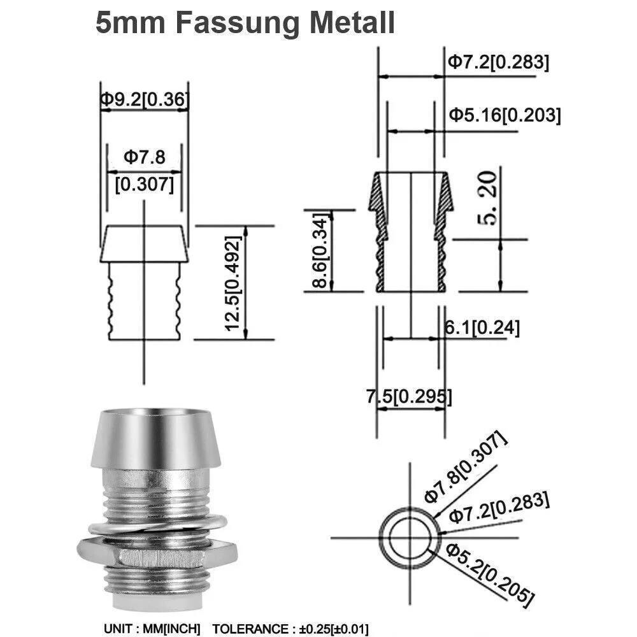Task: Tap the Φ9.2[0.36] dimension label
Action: coord(145,99)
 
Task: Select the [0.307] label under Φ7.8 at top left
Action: coord(145,185)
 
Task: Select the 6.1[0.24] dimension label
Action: coord(482,327)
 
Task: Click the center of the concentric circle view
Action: coord(409,535)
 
